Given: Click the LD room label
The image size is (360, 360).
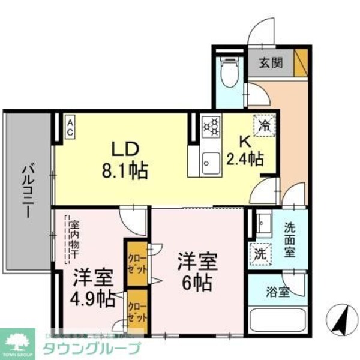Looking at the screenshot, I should tap(124, 148).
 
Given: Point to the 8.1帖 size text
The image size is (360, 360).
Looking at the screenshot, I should tap(125, 169).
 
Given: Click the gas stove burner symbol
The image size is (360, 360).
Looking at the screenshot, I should tap(211, 127).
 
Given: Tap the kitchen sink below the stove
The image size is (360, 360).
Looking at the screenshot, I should tap(211, 161).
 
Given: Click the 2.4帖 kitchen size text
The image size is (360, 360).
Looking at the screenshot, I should tap(245, 158).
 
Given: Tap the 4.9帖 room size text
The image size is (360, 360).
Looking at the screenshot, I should tap(93, 298).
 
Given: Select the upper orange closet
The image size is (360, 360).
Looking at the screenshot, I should tap(136, 262).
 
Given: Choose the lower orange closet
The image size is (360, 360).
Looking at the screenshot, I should tap(136, 310).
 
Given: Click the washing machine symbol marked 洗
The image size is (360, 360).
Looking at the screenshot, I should tap(260, 253).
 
